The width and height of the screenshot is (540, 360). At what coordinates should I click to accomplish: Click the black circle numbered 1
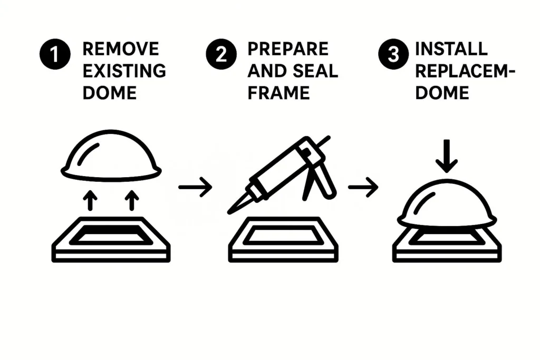point(55,54)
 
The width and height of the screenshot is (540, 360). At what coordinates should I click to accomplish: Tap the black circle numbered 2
point(221,54)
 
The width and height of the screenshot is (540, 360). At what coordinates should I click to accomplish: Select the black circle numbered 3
point(393,54)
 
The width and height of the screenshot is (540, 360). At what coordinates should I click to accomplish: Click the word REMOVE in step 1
point(121,49)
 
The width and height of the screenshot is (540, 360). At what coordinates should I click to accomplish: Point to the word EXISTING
point(124,71)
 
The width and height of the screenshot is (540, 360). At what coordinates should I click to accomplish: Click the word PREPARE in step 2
point(288,49)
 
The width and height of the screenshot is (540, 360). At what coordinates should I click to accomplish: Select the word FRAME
point(278,93)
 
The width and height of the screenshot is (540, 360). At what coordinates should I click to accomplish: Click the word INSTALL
point(451,49)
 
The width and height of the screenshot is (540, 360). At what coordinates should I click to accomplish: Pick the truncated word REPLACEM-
point(465,71)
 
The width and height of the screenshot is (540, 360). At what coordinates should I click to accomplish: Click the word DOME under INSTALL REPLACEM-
point(442,93)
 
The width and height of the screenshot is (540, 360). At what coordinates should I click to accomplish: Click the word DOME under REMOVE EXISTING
point(110,93)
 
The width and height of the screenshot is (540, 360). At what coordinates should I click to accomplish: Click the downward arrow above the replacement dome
point(447,155)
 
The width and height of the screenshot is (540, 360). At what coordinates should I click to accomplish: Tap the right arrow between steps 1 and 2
point(195,187)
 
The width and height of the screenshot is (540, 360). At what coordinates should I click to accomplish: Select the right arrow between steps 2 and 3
point(363,187)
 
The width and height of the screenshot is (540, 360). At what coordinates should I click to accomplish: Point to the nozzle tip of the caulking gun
point(229,212)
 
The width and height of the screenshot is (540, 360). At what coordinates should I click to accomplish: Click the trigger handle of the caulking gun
point(325,180)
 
